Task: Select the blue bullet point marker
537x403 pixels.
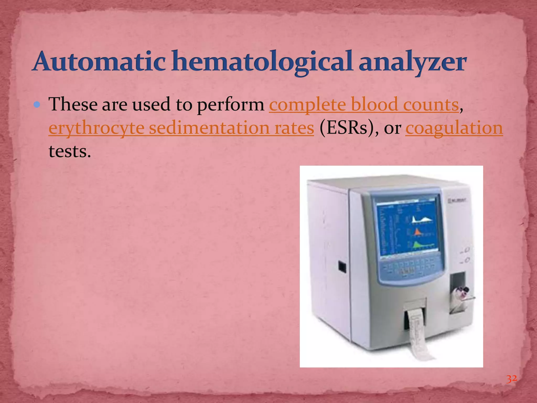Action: [37, 105]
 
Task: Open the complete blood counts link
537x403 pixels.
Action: [364, 105]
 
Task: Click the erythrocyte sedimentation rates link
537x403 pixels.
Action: [181, 128]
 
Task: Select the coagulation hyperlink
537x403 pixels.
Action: [454, 128]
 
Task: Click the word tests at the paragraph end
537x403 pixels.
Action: [69, 151]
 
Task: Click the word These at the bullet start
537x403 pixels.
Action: [73, 105]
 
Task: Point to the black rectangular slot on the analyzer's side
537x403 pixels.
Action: [342, 266]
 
